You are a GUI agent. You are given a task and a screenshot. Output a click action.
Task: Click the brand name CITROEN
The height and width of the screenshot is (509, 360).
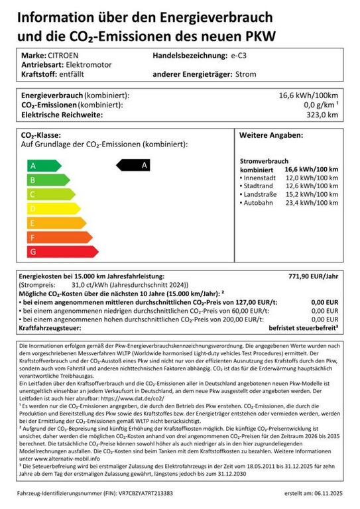point(66,56)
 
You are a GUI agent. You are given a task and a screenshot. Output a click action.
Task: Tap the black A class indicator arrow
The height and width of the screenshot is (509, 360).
point(135,166)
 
